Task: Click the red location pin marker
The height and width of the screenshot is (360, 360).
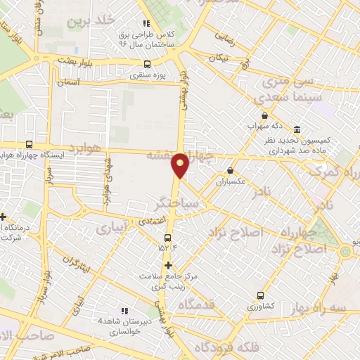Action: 181,165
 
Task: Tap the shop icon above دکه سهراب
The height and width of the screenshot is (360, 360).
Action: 264,115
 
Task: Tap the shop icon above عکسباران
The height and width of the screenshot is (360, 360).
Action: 231,170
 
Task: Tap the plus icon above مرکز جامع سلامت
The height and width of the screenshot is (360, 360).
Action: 168,265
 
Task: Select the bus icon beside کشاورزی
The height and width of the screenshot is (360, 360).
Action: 262,296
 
